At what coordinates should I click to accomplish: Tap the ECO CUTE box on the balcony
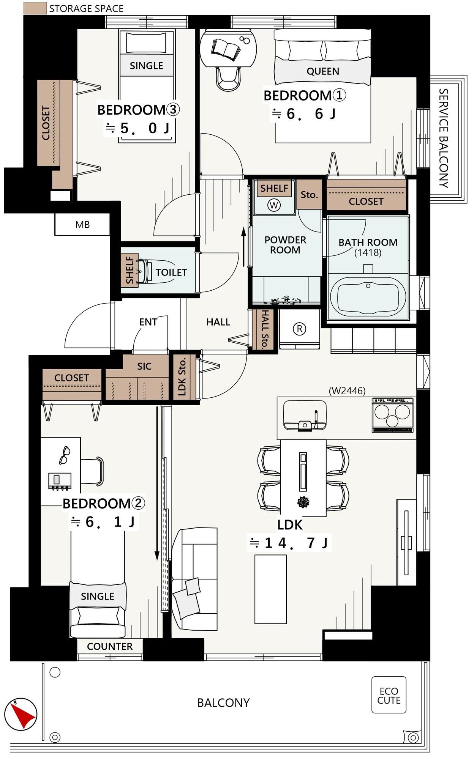(x=389, y=695)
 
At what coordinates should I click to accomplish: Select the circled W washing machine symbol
(x=274, y=205)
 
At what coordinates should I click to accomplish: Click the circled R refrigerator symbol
(x=299, y=329)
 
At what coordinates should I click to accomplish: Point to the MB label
(x=82, y=225)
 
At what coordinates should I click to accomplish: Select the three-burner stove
(x=393, y=415)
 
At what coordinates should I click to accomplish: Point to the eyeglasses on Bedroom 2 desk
(x=65, y=455)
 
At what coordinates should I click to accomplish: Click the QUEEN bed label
(x=323, y=71)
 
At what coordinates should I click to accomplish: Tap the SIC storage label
(x=144, y=366)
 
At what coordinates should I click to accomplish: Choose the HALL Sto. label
(x=265, y=329)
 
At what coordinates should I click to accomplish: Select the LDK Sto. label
(x=182, y=376)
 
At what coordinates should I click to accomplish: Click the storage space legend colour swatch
(x=35, y=8)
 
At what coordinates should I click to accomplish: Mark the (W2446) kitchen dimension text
(x=347, y=391)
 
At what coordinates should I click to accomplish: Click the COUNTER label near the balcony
(x=110, y=647)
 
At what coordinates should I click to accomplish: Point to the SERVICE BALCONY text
(x=444, y=138)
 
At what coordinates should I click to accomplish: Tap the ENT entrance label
(x=148, y=322)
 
